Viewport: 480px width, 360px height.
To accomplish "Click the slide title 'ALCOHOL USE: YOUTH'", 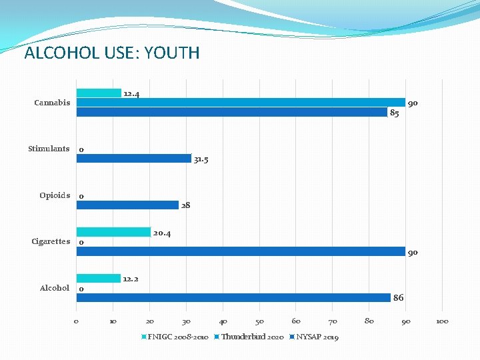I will coord(111,53).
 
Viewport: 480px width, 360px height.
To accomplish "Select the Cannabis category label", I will coord(52,103).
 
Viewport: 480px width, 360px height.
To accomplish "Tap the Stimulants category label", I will coord(49,149).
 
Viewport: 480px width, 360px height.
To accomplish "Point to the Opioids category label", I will coord(55,195).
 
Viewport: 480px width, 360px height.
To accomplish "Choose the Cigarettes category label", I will coord(51,241).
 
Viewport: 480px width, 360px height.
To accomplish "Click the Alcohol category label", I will coord(55,288).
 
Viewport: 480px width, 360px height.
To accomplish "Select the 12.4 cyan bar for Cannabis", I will coord(99,93).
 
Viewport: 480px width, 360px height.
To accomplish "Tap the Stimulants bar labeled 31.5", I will coord(134,159).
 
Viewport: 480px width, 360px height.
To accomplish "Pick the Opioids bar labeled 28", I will coord(127,205).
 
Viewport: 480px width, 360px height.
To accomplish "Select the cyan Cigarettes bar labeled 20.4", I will coord(113,232).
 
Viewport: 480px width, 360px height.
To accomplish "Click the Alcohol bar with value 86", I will coord(233,298).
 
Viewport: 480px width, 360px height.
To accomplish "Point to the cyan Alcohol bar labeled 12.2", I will coord(99,279).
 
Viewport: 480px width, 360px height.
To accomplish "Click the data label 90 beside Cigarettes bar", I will coord(413,253).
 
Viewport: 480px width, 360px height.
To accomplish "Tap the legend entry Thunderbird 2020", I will coord(252,337).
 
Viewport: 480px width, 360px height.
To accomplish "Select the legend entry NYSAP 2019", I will coord(317,337).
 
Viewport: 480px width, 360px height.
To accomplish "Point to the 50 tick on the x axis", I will coord(259,321).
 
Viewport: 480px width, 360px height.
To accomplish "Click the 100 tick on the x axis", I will coord(442,321).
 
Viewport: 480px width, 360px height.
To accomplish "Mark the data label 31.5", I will coord(201,159).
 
